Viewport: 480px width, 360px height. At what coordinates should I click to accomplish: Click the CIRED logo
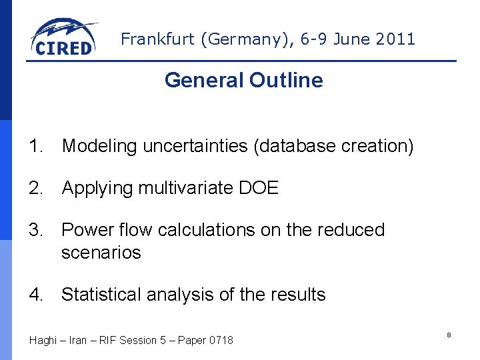pyautogui.click(x=63, y=37)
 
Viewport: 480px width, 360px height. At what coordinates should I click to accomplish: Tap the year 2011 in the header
pyautogui.click(x=395, y=39)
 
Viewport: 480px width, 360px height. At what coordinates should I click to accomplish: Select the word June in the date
pyautogui.click(x=351, y=39)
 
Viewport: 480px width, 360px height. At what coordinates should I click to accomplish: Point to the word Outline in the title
pyautogui.click(x=286, y=81)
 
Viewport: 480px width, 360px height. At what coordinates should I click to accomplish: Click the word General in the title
pyautogui.click(x=205, y=81)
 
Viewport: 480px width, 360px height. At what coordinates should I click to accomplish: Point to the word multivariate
pyautogui.click(x=185, y=189)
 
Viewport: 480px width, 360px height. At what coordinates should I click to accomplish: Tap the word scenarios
pyautogui.click(x=101, y=253)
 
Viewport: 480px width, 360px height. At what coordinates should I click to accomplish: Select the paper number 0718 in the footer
pyautogui.click(x=221, y=341)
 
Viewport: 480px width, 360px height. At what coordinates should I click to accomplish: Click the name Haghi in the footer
pyautogui.click(x=43, y=341)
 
